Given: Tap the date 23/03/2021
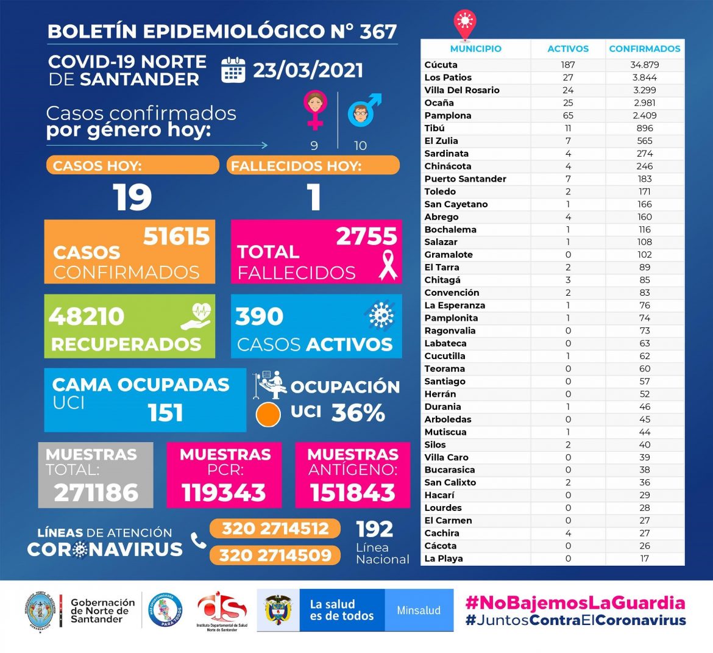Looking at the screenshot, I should pos(308,70).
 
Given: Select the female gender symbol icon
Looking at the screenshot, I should pos(315,110).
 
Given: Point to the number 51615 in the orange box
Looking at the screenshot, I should pos(176,237).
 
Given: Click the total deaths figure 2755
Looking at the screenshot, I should pos(366,237).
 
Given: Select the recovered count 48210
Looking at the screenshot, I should pos(87,316).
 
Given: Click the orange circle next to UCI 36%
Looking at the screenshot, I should pos(268,415).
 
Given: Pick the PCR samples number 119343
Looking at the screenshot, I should pos(224,493).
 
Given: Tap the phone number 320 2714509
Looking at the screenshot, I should pos(275,555).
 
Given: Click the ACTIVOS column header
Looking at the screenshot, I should pos(568,49).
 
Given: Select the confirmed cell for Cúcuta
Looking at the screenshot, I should pos(644,65).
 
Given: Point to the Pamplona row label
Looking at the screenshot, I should pos(447,115).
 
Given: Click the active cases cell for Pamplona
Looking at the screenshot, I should pos(568,115).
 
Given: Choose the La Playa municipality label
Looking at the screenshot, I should pos(443,558).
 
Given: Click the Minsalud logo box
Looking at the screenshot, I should pos(419,610).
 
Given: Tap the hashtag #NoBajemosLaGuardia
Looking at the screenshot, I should pos(575,603).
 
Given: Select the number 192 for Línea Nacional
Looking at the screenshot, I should pos(374,529).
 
